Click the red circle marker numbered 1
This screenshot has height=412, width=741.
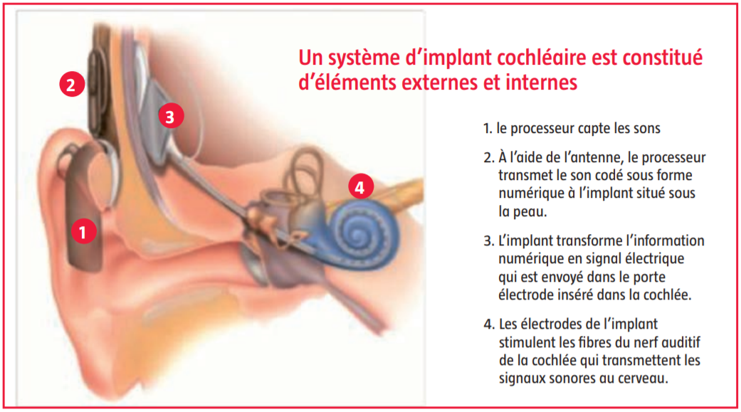click(84, 231)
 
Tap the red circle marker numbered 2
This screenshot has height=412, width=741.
click(72, 84)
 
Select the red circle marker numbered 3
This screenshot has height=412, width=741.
click(171, 116)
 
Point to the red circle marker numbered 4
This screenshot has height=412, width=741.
click(361, 187)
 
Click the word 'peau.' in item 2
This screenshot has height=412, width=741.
click(522, 212)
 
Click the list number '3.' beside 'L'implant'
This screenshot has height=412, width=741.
click(488, 241)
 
